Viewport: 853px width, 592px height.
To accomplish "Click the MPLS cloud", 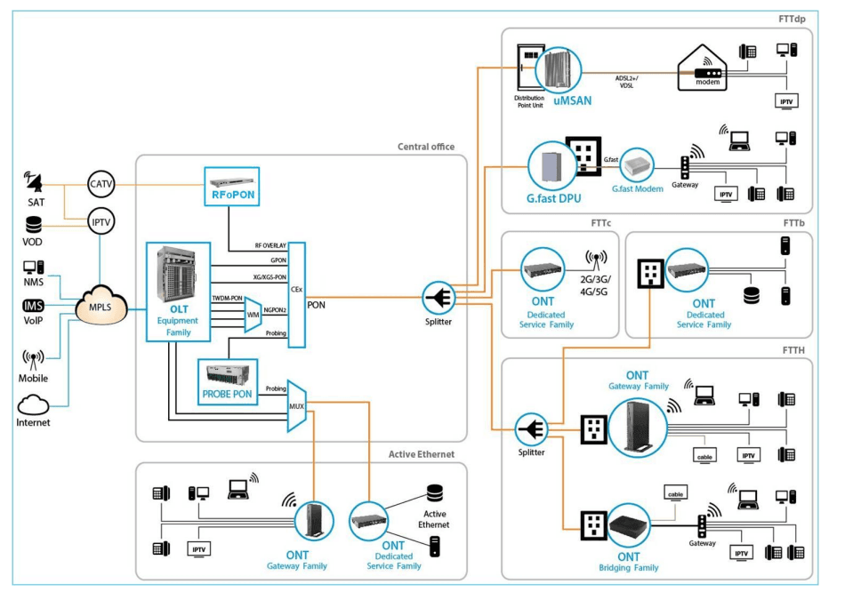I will point(102,308).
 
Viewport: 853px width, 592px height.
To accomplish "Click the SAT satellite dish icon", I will point(35,183).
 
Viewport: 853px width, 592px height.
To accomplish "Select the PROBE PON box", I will point(229,382).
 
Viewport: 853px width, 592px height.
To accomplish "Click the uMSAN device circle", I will point(558,72).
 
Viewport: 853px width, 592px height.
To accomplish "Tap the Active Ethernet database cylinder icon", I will point(434,492).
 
